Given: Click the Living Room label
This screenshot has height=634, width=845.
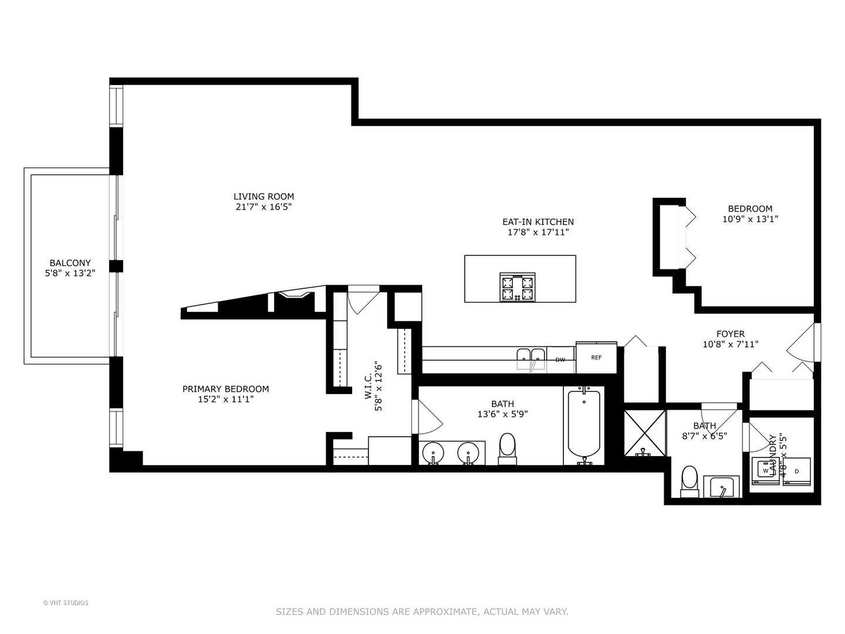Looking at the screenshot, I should click(x=263, y=197).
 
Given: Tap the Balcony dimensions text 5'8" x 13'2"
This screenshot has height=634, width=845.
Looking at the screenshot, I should click(x=70, y=273).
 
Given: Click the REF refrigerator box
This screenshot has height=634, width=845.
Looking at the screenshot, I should click(x=596, y=358).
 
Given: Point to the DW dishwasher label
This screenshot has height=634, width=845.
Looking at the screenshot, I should click(x=560, y=360).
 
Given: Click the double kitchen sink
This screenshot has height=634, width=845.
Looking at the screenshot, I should click(x=531, y=359).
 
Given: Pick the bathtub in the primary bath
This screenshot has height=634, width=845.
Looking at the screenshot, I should click(x=584, y=424).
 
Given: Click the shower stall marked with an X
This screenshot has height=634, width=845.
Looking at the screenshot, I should click(x=645, y=433).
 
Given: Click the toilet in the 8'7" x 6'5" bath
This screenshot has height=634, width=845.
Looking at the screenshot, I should click(x=689, y=481).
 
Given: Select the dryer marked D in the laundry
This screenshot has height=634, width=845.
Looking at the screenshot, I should click(x=796, y=471).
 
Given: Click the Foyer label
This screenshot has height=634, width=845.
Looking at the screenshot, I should click(x=730, y=333).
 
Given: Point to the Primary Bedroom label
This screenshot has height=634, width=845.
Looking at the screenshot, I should click(x=225, y=389).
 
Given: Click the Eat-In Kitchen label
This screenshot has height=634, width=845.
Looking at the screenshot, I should click(x=538, y=222).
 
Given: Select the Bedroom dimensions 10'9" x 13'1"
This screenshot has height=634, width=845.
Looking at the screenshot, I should click(x=750, y=219).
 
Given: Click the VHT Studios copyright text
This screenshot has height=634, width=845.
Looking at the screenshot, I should click(x=66, y=603).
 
